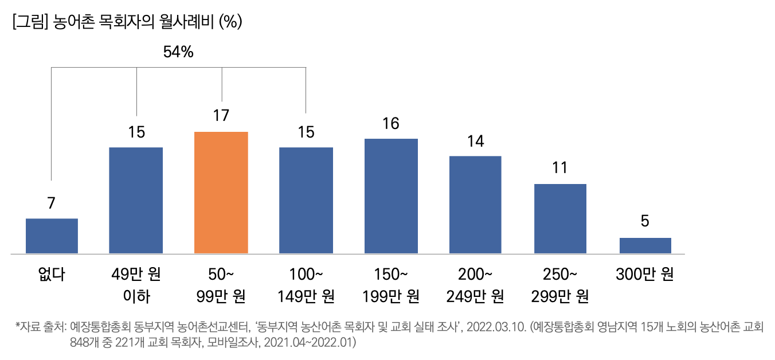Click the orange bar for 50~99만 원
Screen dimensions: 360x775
coord(221,193)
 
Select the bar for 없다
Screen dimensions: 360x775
coord(52,236)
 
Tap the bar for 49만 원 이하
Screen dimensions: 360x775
coord(136,200)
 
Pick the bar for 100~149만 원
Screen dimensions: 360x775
coord(306,200)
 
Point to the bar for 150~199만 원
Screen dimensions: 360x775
coord(391,196)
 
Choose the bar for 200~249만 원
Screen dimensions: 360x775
coord(475,205)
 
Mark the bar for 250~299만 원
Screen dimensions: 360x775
coord(560,218)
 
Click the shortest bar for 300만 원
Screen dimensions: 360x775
coord(645,245)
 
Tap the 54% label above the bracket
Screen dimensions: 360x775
coord(178,52)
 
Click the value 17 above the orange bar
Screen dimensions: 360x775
coord(221,115)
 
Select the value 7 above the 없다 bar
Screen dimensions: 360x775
coord(52,202)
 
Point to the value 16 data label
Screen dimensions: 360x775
coord(391,123)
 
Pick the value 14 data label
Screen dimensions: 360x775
coord(475,141)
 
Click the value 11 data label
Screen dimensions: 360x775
coord(560,168)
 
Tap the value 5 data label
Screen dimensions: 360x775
coord(645,221)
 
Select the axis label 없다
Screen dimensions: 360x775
coord(52,275)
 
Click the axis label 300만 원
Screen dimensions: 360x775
coord(645,275)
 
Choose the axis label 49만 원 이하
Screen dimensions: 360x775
coord(136,285)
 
